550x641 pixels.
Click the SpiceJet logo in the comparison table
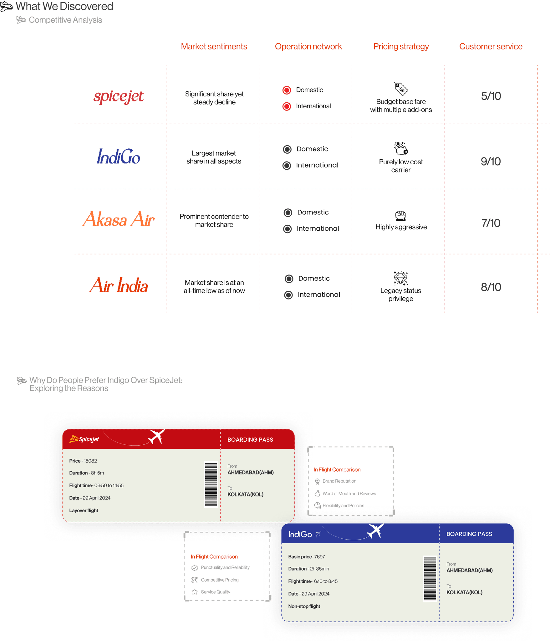point(118,96)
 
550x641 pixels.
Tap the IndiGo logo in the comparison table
point(119,156)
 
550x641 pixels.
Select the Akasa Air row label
point(119,219)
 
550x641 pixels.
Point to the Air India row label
point(119,285)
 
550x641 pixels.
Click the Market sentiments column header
point(214,47)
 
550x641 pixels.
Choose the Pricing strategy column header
point(401,47)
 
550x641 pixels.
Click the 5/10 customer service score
point(491,96)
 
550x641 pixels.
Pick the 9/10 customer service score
point(491,162)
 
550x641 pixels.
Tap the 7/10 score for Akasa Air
point(491,223)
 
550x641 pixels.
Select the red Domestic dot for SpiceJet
point(287,90)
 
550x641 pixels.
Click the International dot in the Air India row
point(288,295)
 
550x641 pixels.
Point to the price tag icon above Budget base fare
point(401,89)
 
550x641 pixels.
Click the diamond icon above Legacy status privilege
point(401,278)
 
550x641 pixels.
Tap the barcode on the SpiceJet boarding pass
point(211,484)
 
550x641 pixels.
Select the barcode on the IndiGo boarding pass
point(430,579)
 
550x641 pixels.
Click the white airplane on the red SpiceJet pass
point(156,437)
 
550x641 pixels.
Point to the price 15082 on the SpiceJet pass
point(90,461)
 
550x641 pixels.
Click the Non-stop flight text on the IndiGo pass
point(304,606)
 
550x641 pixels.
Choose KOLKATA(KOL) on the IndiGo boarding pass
point(464,592)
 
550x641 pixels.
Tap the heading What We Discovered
point(64,6)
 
